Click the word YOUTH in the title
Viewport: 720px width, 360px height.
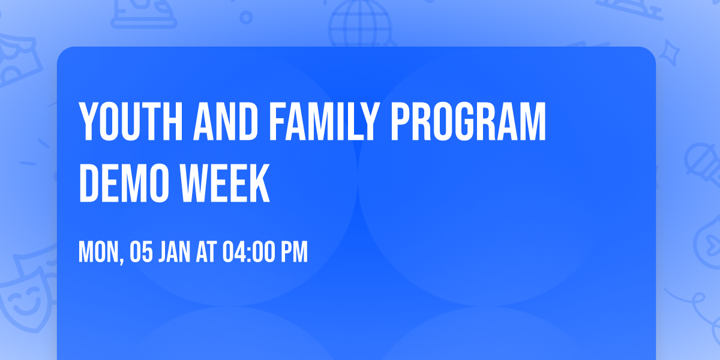click(x=131, y=122)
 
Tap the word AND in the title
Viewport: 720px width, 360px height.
click(x=226, y=122)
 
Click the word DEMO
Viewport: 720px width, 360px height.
click(x=124, y=183)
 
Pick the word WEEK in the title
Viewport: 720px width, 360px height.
click(x=224, y=183)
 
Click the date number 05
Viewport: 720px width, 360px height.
click(x=141, y=251)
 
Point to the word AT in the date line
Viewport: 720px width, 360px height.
click(x=206, y=251)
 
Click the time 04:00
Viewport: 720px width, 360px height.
click(x=249, y=251)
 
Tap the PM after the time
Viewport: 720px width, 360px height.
click(x=295, y=251)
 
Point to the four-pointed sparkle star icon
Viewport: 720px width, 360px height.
click(x=669, y=53)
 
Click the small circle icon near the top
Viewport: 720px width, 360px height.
click(x=246, y=17)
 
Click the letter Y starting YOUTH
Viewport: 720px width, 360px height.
click(x=88, y=122)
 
